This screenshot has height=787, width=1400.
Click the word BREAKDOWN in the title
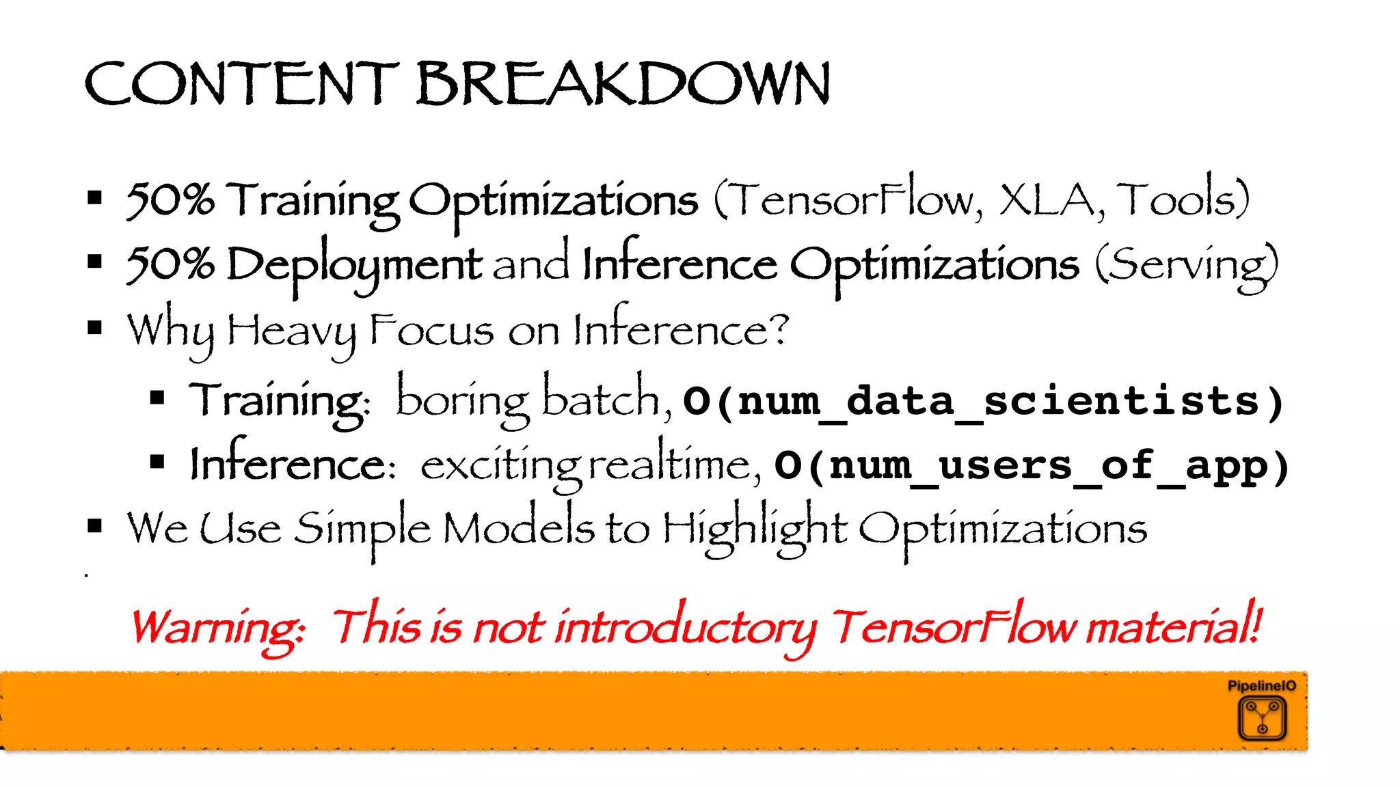(x=623, y=83)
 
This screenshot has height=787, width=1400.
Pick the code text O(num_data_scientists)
(x=983, y=400)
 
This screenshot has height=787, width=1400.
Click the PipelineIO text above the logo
(x=1261, y=685)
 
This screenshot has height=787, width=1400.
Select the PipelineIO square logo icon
(x=1262, y=718)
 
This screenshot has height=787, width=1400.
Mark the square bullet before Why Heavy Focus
(x=95, y=328)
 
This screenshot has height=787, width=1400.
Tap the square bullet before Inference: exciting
(x=158, y=462)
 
